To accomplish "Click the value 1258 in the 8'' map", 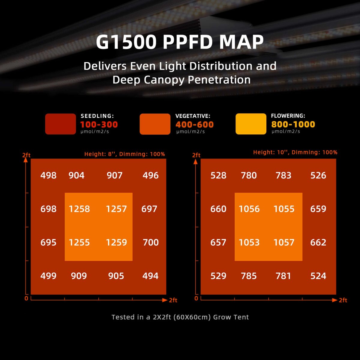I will pos(79,209).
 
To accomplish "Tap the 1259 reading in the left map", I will pos(116,242).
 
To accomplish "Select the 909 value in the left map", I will pos(79,276).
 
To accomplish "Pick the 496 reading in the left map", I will pos(151,175).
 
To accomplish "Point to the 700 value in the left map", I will pos(151,242).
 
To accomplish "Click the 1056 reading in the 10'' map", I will pos(249,209).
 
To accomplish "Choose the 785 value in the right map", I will pos(249,276).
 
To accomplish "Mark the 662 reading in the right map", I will pos(318,242).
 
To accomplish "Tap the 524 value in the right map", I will pos(318,276).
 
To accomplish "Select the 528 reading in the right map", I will pos(218,175).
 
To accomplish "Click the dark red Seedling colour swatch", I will pos(60,124).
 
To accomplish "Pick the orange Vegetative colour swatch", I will pos(155,124).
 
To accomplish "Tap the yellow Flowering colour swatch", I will pos(251,124).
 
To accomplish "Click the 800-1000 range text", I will pos(293,124).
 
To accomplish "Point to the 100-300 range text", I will pos(99,124).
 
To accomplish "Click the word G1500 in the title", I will pos(126,42).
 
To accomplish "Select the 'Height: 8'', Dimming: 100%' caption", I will pos(124,154).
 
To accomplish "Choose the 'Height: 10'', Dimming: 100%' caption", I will pos(295,152).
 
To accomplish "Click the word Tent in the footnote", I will pos(242,317).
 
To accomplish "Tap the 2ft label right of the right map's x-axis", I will pos(343,300).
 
